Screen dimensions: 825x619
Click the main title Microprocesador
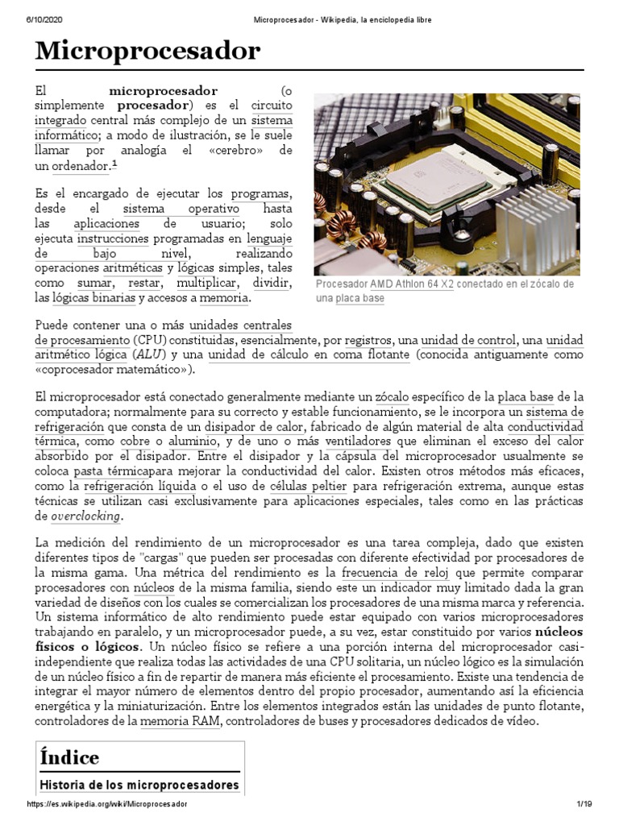coord(147,52)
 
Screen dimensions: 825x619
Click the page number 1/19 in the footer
coord(584,804)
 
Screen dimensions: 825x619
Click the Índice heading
coord(69,757)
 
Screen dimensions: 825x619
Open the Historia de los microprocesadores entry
coord(139,784)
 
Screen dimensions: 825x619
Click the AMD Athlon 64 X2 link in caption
coord(411,284)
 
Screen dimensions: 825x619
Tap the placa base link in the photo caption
coord(359,298)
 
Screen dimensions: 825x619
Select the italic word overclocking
coord(85,516)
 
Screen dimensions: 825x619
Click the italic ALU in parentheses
coord(144,354)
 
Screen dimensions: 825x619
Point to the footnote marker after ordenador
coord(115,164)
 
